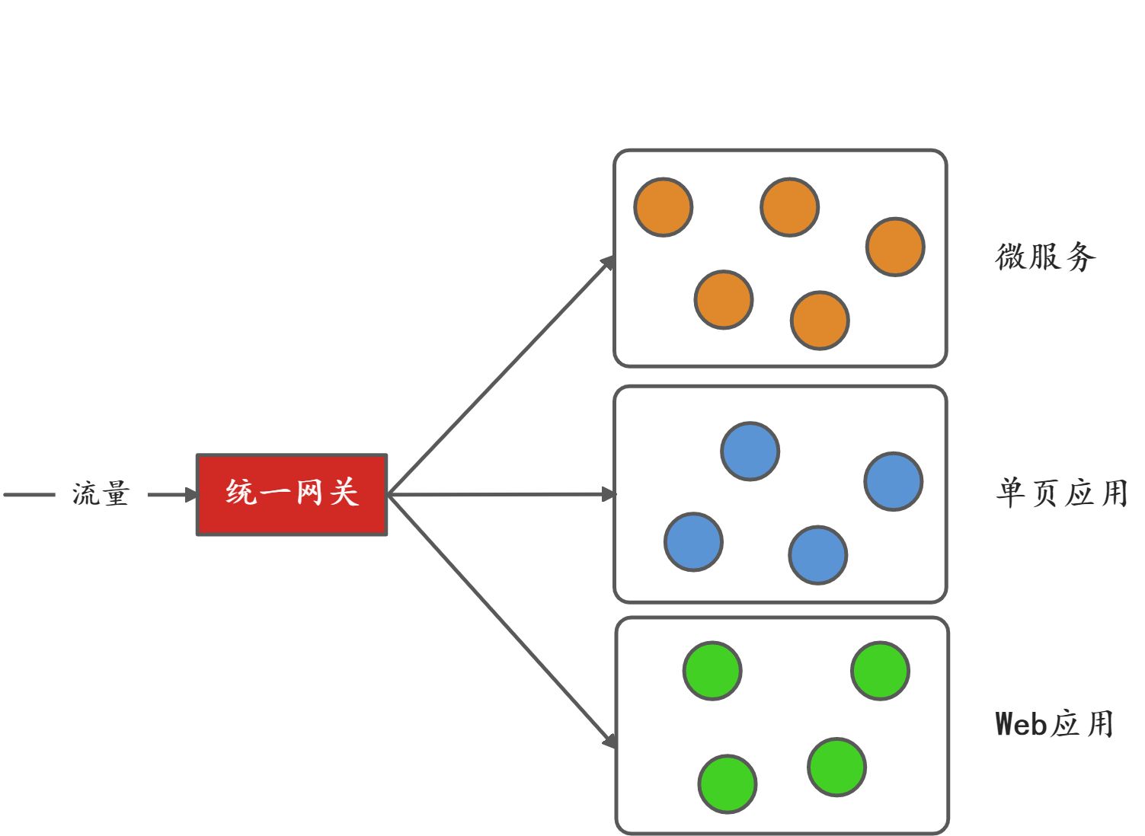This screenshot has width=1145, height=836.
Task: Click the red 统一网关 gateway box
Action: (x=292, y=495)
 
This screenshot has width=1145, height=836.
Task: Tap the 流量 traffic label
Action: (x=101, y=494)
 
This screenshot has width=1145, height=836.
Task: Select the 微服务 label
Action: (x=1045, y=257)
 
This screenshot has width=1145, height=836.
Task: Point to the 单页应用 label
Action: (x=1061, y=493)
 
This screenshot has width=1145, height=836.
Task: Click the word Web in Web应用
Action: (x=1021, y=724)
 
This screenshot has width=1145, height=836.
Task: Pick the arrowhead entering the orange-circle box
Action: (x=608, y=263)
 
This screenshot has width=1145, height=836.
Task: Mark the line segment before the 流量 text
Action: (x=29, y=495)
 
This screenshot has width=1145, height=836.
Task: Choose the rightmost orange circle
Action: (x=895, y=247)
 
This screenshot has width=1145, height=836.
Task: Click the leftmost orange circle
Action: (x=664, y=207)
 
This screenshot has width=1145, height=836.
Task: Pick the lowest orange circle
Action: (x=820, y=321)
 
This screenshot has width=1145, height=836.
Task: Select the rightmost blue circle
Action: (x=894, y=481)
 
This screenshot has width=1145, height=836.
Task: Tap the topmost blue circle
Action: (x=750, y=452)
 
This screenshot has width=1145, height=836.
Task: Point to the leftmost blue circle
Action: (x=693, y=542)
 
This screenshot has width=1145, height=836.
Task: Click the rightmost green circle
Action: (x=880, y=671)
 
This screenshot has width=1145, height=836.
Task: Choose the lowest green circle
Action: (x=728, y=784)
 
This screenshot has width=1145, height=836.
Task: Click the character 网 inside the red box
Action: (x=309, y=493)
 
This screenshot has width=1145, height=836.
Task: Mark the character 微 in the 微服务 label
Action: (x=1010, y=257)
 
